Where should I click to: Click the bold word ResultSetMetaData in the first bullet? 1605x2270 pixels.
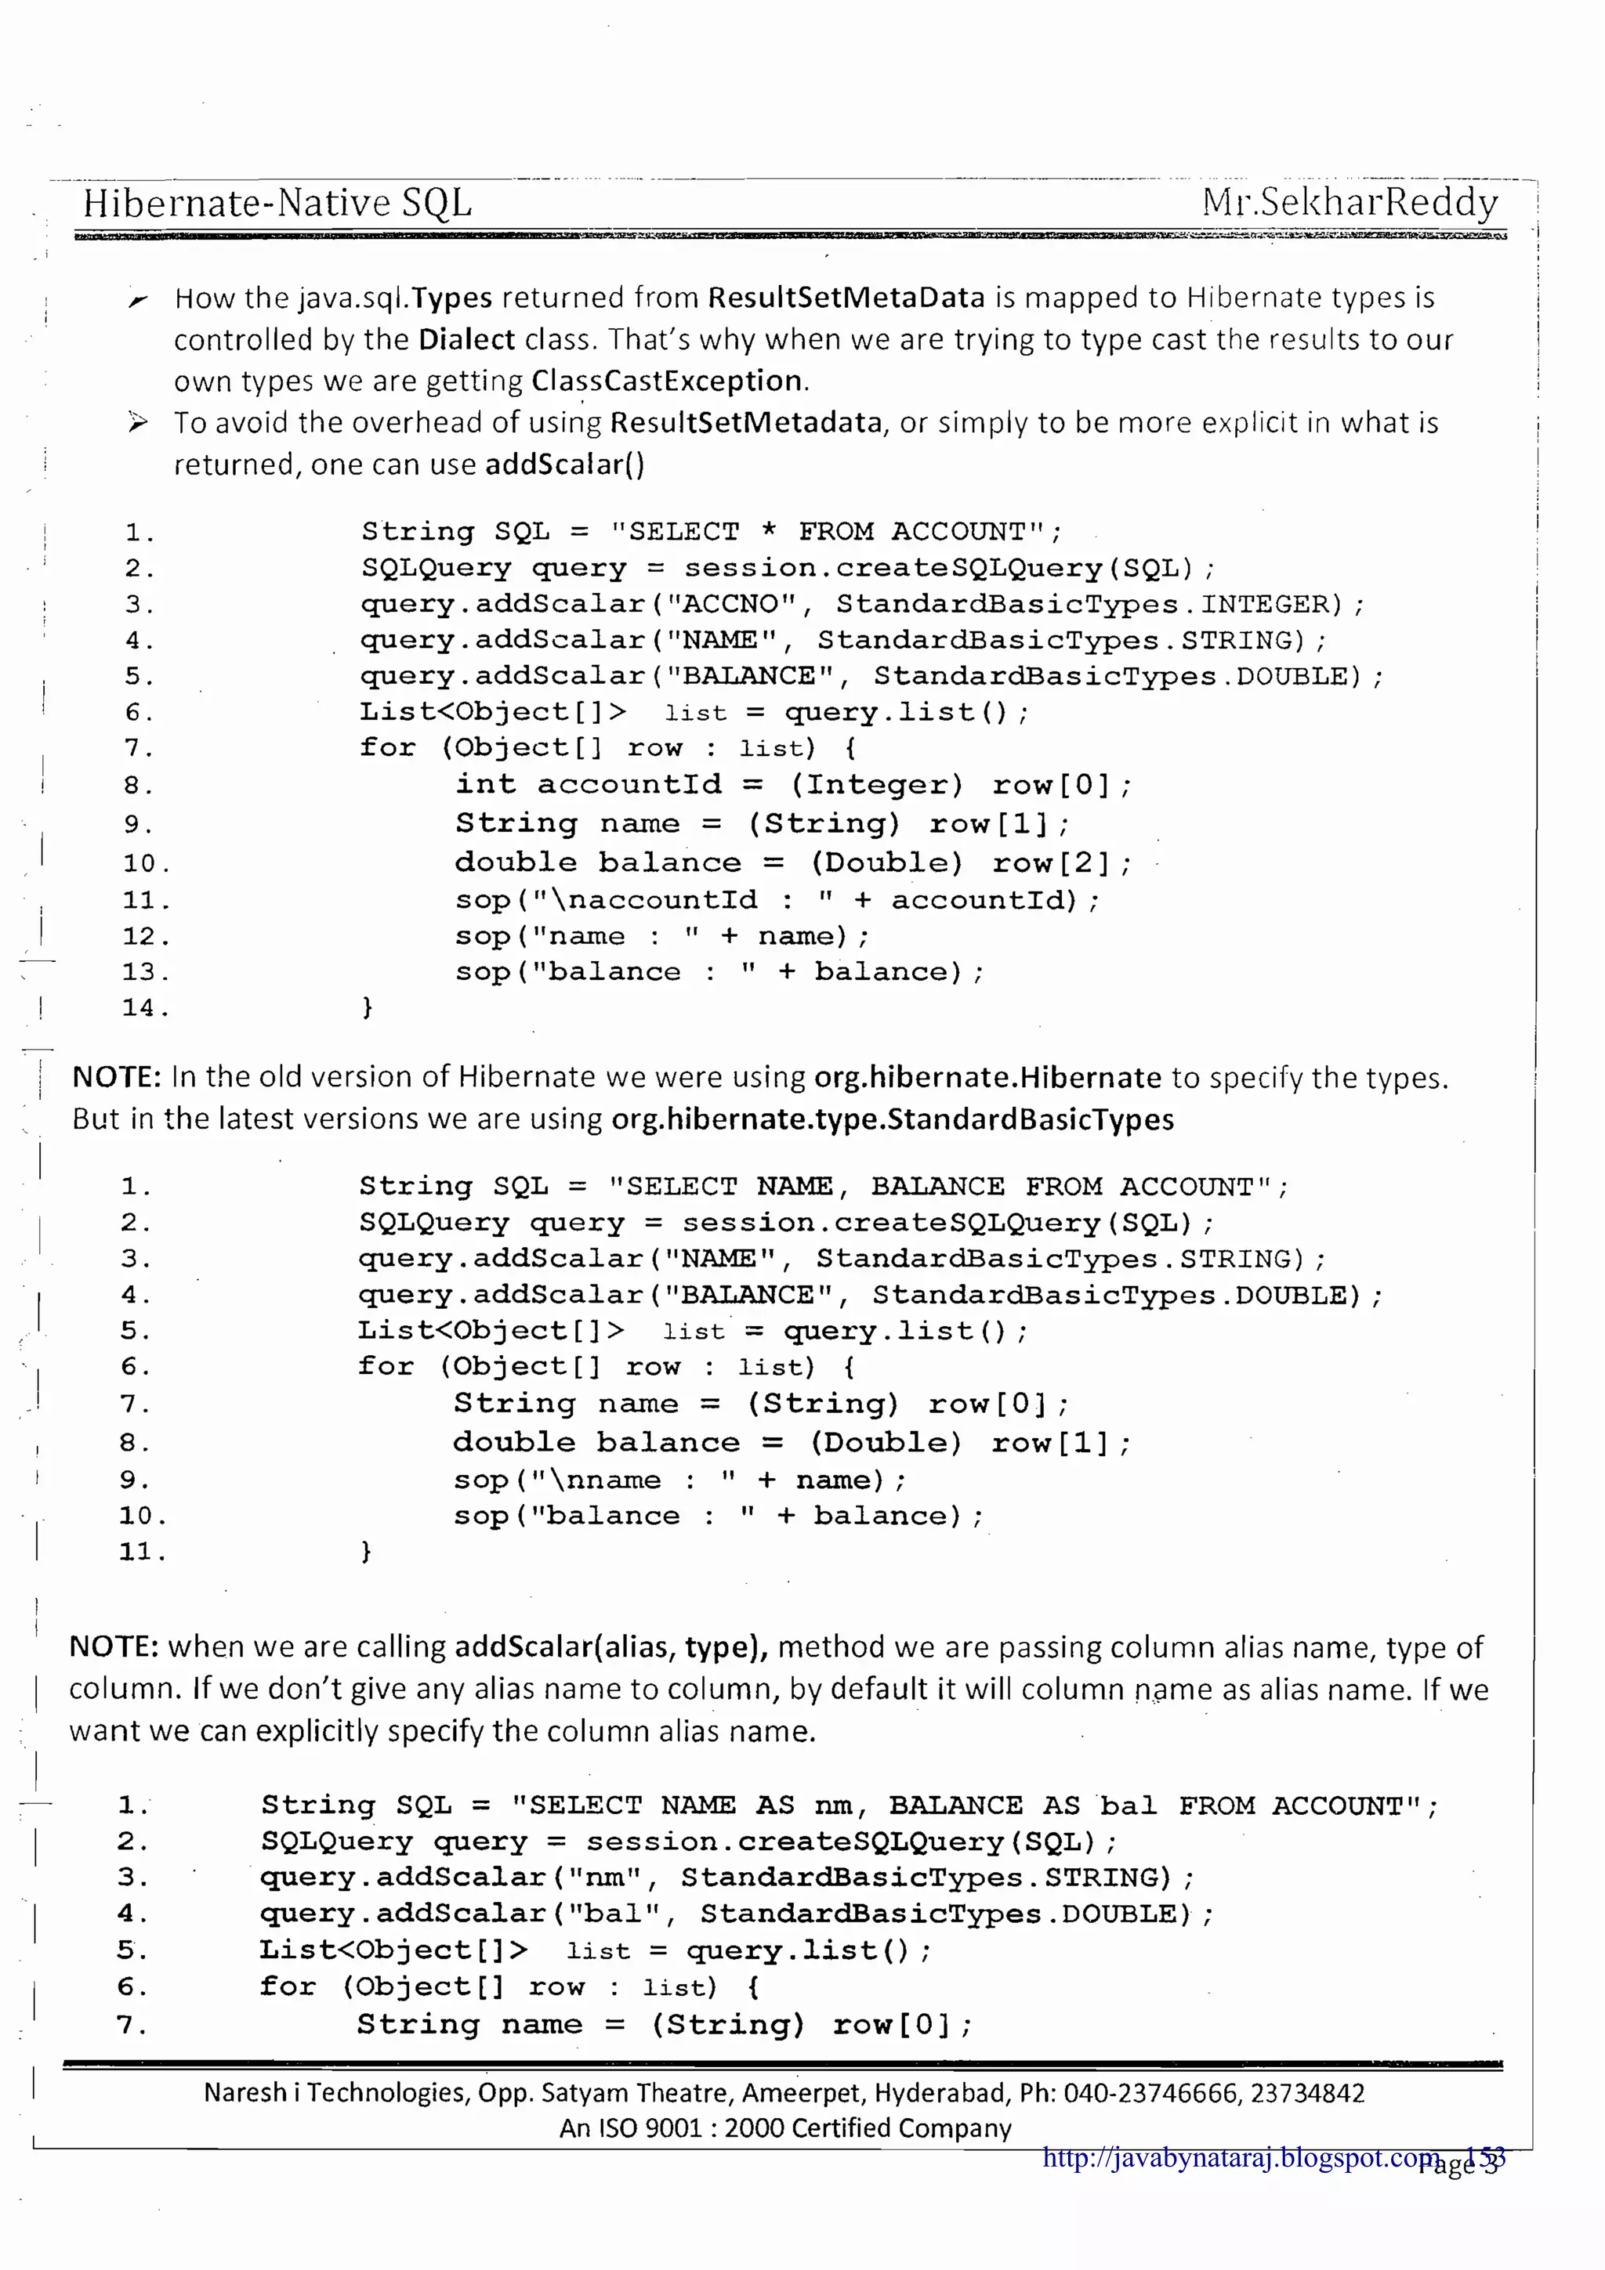[x=846, y=298]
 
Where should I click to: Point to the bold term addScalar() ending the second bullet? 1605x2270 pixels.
[x=565, y=464]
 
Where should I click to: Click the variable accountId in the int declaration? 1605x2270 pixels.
[x=629, y=785]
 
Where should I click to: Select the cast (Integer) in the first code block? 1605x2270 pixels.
[x=876, y=785]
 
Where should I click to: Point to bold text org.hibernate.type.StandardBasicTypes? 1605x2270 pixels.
[x=892, y=1119]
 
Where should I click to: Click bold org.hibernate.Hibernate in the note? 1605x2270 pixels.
[x=987, y=1077]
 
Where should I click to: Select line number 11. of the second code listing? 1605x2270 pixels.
[x=143, y=1551]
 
